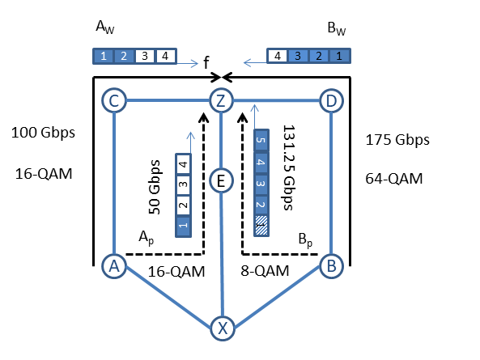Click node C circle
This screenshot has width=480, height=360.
(x=114, y=100)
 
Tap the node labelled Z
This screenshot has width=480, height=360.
(x=221, y=100)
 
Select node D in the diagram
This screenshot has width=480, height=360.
(x=331, y=100)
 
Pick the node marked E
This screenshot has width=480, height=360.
(x=221, y=180)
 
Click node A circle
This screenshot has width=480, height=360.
(x=114, y=266)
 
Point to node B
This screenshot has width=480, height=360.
(x=331, y=265)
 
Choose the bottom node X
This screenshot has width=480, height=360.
(x=223, y=328)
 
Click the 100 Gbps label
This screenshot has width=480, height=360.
(x=43, y=133)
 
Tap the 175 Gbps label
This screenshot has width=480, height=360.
(x=397, y=140)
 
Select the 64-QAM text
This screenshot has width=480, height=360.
(x=394, y=179)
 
